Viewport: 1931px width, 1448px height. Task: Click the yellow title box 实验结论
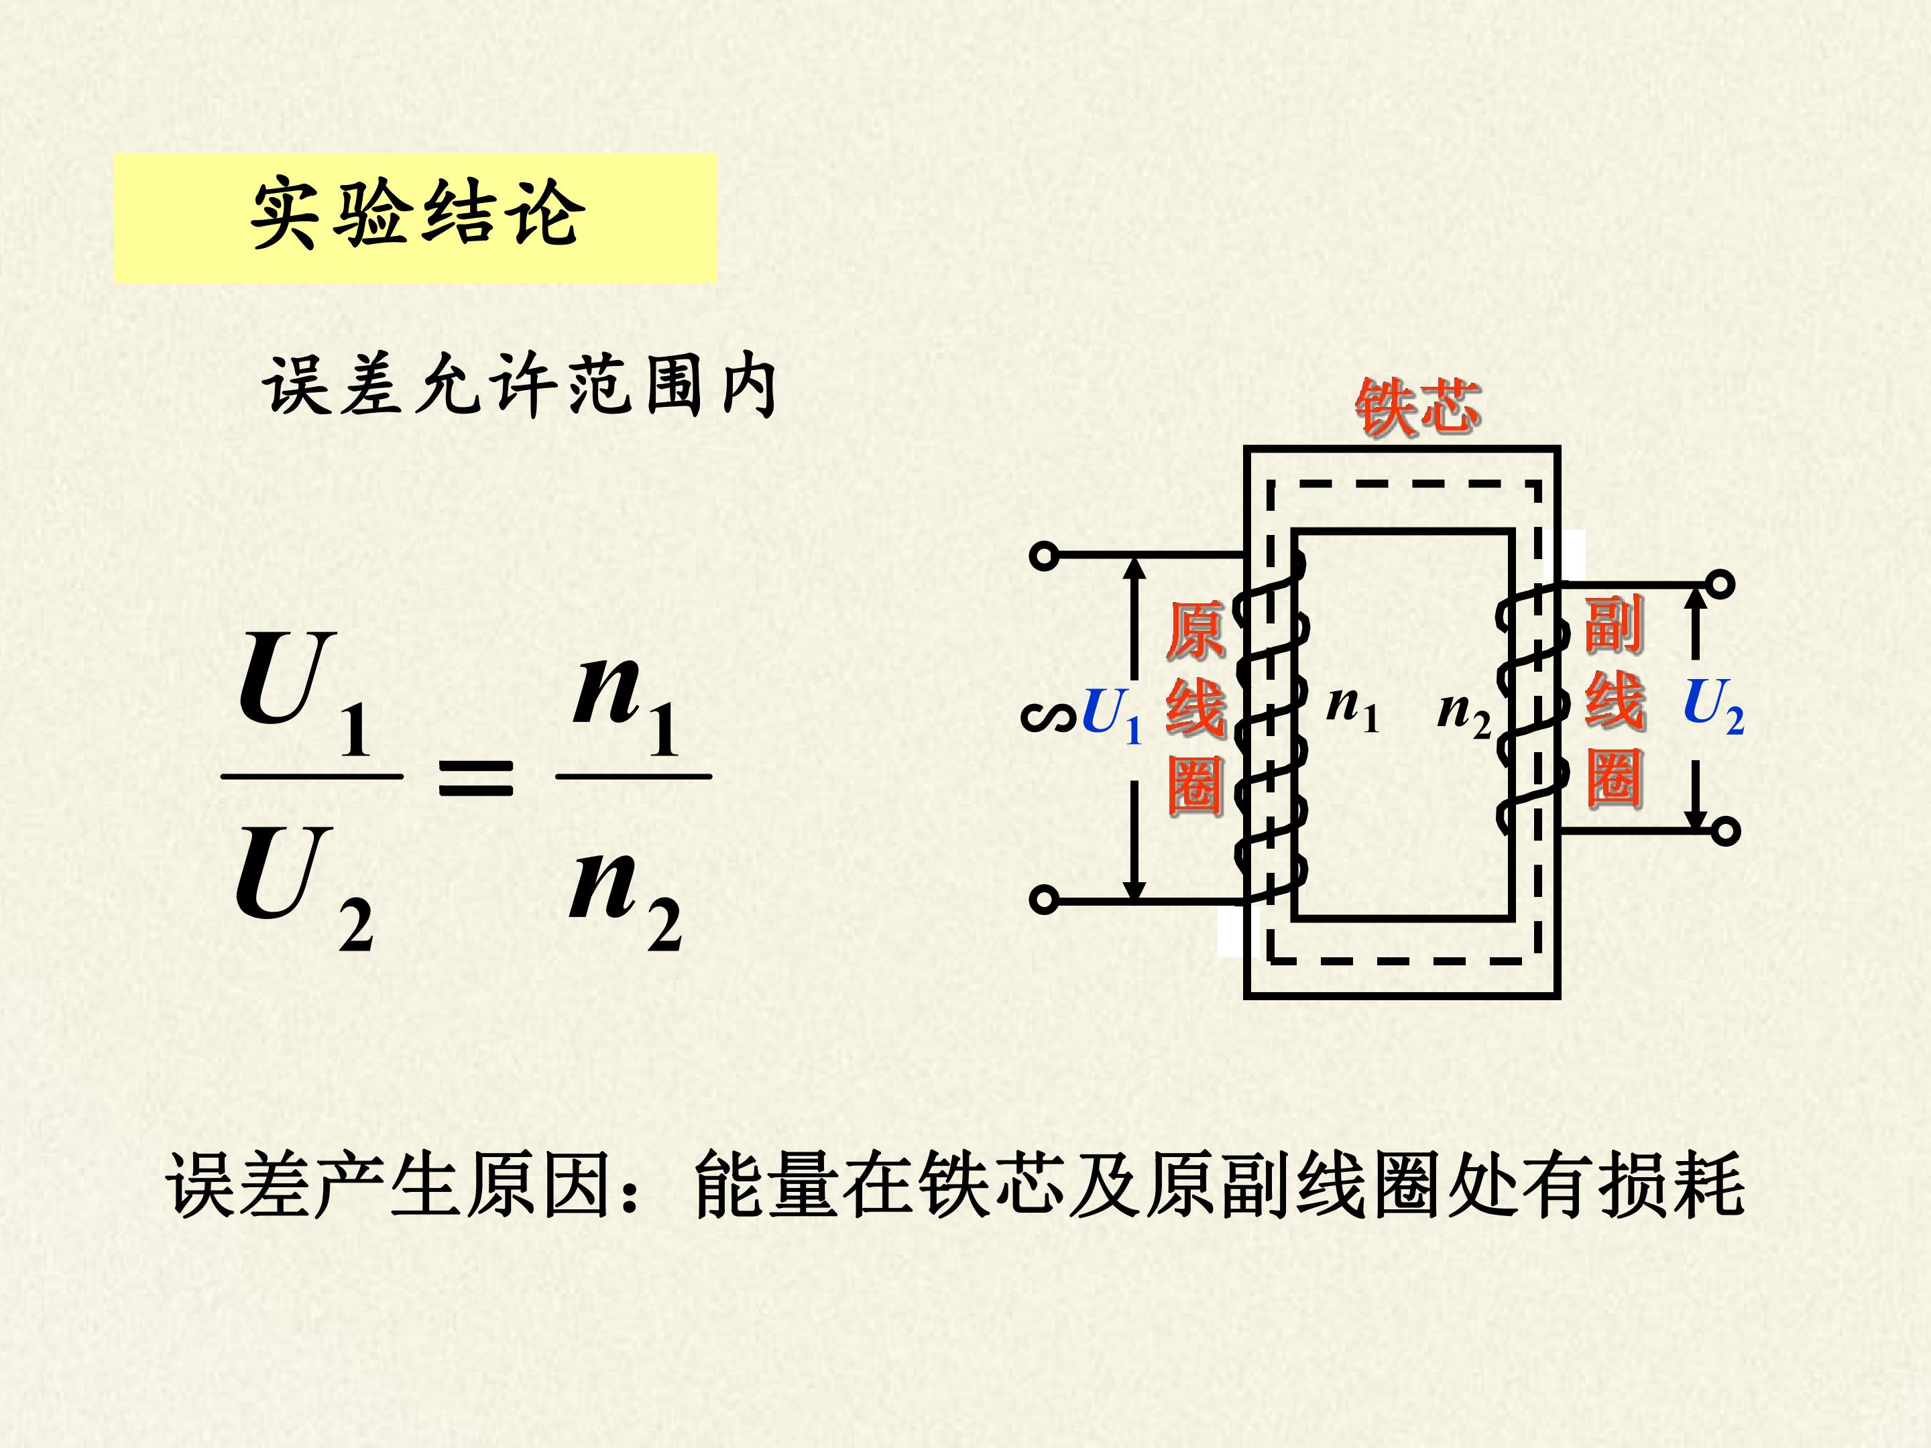pos(416,218)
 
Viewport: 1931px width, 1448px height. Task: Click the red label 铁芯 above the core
pos(1417,407)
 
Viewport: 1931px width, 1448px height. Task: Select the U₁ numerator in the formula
pos(304,694)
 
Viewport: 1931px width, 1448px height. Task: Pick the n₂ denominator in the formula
pos(625,899)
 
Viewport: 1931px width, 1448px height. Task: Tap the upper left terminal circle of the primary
pos(1044,555)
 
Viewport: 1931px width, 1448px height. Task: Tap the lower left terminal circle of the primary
pos(1044,899)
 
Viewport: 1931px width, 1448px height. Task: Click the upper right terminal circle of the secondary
pos(1720,583)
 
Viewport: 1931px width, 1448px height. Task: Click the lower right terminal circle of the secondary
pos(1725,831)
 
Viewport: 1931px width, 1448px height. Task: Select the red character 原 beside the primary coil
pos(1196,630)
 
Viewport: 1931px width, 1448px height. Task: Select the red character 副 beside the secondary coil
pos(1614,623)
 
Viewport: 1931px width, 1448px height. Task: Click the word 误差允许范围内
pos(520,385)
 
